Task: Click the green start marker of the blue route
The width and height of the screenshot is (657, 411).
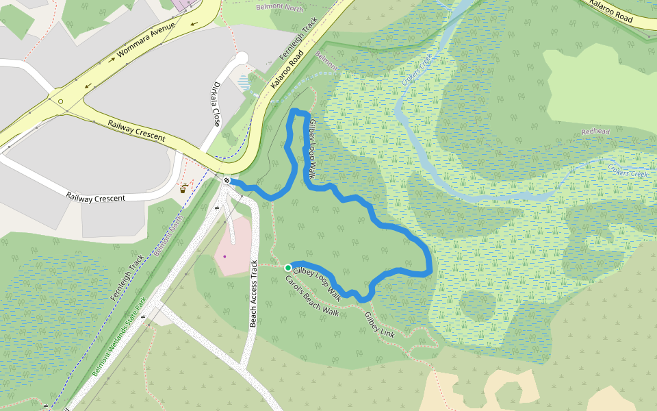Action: pos(288,267)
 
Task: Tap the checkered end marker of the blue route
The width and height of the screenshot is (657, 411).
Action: pos(226,180)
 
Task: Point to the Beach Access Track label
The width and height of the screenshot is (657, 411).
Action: pos(253,294)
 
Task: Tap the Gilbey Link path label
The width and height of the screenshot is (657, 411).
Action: pos(380,325)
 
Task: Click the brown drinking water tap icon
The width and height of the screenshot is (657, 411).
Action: pos(183,188)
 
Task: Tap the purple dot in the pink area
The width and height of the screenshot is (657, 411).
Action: pos(224,256)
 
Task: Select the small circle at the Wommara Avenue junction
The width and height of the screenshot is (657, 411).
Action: pos(61,102)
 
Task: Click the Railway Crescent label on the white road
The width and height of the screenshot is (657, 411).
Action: pos(96,197)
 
